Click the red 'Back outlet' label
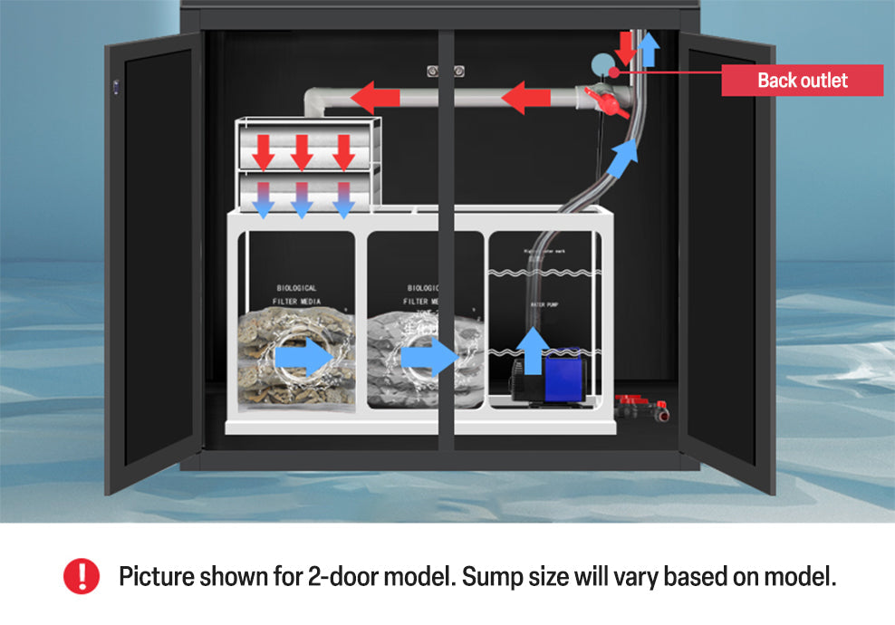802,80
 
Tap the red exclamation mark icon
82,576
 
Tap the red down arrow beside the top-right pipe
623,46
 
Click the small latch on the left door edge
116,86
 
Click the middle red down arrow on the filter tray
303,150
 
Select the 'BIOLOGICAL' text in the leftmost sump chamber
296,288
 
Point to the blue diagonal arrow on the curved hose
622,159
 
